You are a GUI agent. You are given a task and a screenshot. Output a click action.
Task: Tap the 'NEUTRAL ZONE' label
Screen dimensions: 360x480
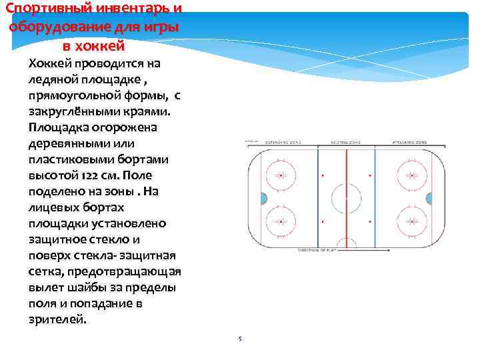(x=346, y=143)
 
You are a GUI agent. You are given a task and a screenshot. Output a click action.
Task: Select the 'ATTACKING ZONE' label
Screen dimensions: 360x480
(x=407, y=143)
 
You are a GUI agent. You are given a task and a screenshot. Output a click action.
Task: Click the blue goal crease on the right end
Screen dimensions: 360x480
(x=430, y=198)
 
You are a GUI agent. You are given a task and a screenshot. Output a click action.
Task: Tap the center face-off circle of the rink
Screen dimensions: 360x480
(x=346, y=198)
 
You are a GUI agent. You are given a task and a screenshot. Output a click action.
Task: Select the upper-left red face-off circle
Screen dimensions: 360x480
(x=281, y=175)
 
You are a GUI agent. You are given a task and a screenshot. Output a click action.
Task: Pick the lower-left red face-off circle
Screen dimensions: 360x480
(x=281, y=221)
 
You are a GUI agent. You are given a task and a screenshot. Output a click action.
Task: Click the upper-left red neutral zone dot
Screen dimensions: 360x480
(x=322, y=175)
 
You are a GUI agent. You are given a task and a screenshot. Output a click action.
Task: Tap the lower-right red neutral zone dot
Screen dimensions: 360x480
(x=370, y=221)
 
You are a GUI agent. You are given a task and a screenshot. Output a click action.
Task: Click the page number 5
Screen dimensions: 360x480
(x=240, y=339)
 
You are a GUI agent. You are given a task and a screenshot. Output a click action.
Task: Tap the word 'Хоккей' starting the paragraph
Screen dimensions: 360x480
(x=51, y=63)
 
